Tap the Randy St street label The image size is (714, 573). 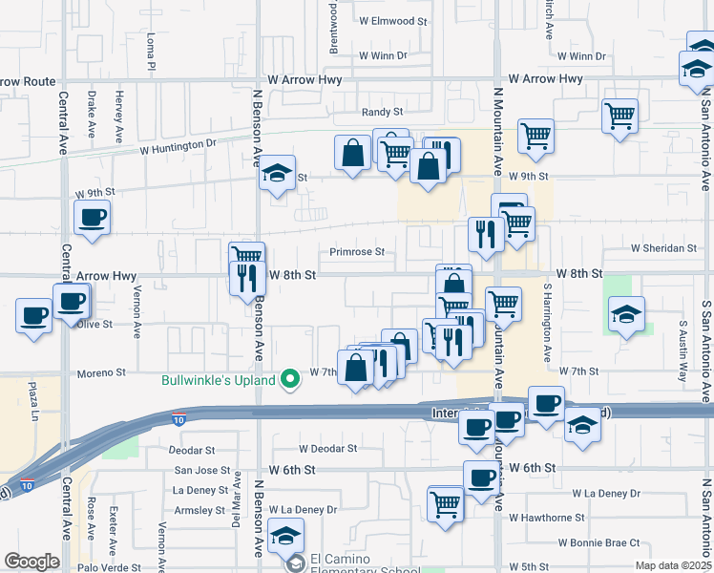(386, 112)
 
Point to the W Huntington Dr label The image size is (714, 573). (178, 146)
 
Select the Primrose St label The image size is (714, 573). (357, 253)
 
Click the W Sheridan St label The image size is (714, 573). (663, 248)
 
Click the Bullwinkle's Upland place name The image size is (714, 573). (218, 380)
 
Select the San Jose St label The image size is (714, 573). (202, 470)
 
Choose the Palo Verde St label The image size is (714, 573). (32, 565)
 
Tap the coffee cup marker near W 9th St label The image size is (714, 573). (93, 219)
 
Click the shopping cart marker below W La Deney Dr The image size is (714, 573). (446, 502)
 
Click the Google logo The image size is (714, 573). (31, 562)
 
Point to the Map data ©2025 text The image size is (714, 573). (674, 566)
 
